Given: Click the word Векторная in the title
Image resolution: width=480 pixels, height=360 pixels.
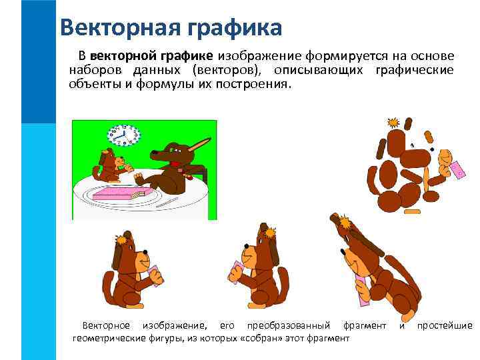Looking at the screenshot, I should point(113,27).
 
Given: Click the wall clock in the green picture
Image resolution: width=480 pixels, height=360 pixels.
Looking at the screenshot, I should point(123,135).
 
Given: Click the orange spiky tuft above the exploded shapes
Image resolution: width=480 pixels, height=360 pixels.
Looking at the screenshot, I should point(393,123).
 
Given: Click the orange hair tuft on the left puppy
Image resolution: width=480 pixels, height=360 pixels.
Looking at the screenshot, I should point(121,238).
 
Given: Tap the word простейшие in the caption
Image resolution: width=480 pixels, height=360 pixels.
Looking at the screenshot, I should point(445,325).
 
